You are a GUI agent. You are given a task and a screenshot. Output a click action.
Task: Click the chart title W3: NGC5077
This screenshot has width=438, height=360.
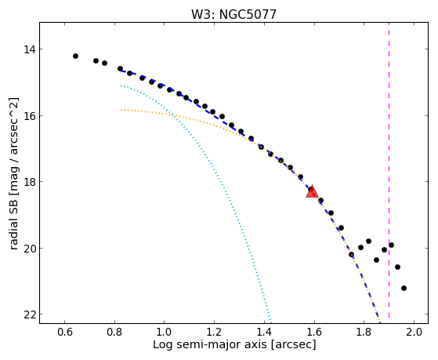tap(233, 15)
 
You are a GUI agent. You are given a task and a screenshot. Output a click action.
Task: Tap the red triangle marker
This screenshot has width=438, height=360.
tap(312, 191)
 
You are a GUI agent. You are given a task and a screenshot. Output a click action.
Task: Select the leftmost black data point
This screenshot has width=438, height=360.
tap(75, 56)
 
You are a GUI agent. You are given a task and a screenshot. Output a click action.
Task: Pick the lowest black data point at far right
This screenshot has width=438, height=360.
tap(404, 288)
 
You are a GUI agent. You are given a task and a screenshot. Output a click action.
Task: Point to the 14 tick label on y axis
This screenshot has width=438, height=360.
tap(30, 49)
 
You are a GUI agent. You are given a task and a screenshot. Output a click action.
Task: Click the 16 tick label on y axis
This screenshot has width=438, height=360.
tap(30, 116)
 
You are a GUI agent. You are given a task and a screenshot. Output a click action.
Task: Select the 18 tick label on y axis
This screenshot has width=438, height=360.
tap(30, 182)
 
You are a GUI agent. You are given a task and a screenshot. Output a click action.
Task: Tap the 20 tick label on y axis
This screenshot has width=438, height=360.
tap(30, 249)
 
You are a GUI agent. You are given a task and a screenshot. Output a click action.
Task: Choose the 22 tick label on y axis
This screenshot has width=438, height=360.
tap(30, 315)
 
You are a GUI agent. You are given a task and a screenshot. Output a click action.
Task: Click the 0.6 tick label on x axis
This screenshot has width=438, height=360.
tap(64, 333)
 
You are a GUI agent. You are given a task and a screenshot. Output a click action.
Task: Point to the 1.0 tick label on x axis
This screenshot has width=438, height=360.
tap(165, 333)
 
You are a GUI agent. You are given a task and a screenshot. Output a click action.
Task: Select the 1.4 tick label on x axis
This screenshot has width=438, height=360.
tap(264, 333)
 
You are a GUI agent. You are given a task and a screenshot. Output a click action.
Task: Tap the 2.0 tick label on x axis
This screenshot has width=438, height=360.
tap(414, 333)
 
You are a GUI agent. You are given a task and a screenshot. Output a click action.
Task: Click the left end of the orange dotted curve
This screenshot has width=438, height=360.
tap(121, 110)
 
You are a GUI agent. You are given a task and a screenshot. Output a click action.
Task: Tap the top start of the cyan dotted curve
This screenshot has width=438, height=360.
tap(121, 85)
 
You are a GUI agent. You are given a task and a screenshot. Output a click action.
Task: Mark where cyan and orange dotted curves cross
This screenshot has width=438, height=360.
tap(172, 115)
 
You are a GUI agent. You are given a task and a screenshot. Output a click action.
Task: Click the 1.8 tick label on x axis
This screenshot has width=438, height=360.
tap(364, 333)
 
